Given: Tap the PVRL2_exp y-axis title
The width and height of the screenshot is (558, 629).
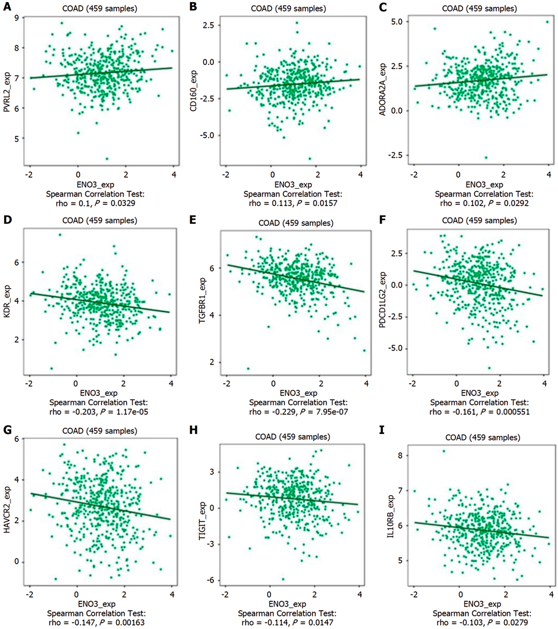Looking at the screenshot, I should tap(7, 92).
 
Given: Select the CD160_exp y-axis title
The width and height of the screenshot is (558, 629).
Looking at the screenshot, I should tap(194, 91).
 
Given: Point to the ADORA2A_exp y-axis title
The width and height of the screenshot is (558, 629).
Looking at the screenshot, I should tap(382, 89).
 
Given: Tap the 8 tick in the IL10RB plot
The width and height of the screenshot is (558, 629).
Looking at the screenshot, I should tap(400, 455).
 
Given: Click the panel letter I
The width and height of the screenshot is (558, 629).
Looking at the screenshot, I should tap(382, 430).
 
